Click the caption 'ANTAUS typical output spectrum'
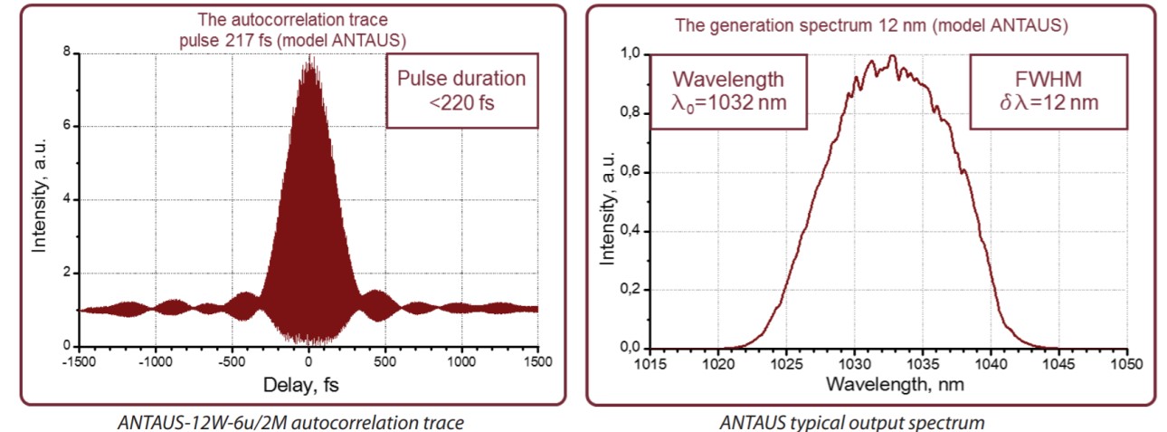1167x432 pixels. coord(852,421)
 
